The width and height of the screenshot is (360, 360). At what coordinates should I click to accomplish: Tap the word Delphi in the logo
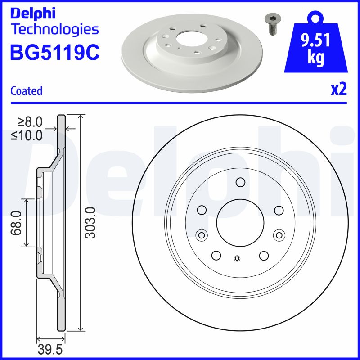click(32, 13)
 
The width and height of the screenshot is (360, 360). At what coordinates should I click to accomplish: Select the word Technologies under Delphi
click(54, 30)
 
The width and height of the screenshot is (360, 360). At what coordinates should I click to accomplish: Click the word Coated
click(26, 91)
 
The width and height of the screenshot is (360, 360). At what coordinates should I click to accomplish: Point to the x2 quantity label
click(338, 90)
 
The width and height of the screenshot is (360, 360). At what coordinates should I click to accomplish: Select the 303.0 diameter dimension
click(90, 223)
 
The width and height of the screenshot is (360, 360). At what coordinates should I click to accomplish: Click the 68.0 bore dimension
click(17, 223)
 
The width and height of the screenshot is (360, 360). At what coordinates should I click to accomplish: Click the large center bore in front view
click(240, 220)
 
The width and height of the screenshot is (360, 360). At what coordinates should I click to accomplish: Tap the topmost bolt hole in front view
click(240, 182)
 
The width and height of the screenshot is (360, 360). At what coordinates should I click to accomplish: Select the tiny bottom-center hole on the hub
click(237, 258)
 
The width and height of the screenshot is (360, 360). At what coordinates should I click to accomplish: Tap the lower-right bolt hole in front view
click(264, 255)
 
